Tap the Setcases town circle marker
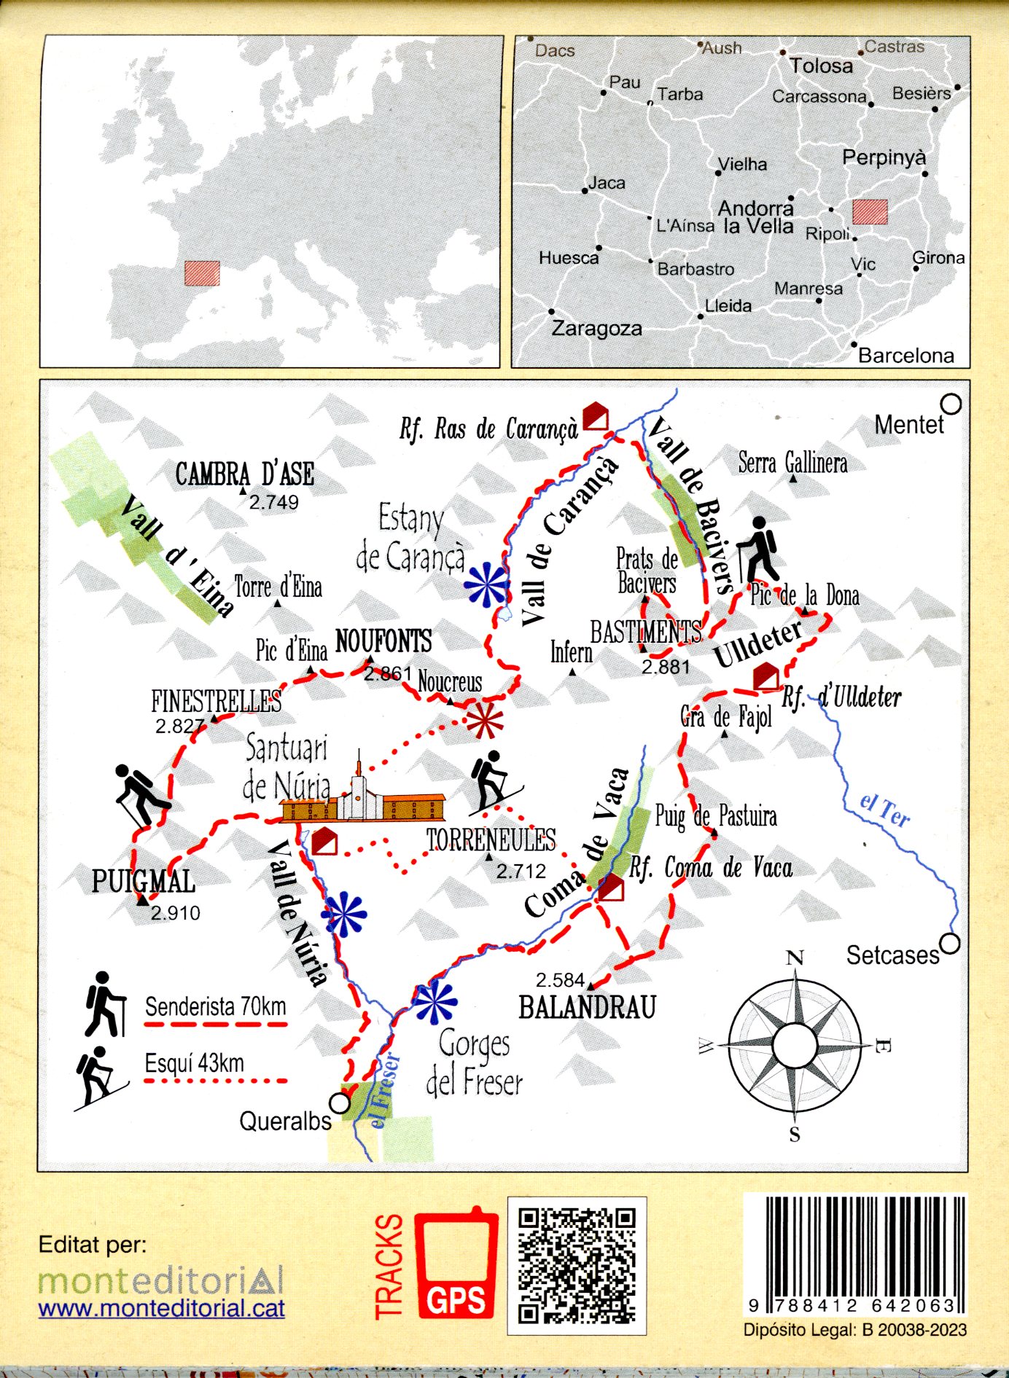pos(950,944)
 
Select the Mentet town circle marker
pos(951,404)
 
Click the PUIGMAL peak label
pos(143,882)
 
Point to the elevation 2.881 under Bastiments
pos(666,667)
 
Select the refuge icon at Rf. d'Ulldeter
pos(765,676)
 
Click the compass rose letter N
pos(795,958)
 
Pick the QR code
pos(577,1266)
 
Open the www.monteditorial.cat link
pos(161,1309)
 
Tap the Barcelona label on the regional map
pos(905,356)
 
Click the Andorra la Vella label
pos(756,217)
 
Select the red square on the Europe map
pos(202,273)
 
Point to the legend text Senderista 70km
pos(215,1007)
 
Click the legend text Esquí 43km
pos(194,1063)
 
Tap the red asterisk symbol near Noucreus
pos(484,721)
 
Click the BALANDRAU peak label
pos(587,1008)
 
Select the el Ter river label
pos(884,810)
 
